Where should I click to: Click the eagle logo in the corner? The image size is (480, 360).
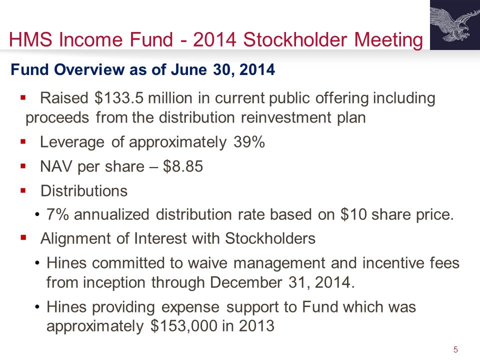(x=455, y=25)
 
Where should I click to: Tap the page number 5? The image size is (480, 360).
(x=455, y=349)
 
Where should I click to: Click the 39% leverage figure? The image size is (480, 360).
(x=249, y=142)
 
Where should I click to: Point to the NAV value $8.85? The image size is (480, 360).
(x=183, y=166)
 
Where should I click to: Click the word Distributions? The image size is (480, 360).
(x=84, y=191)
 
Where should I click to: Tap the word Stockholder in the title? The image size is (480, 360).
(x=295, y=39)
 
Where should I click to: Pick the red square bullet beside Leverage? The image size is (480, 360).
(x=23, y=141)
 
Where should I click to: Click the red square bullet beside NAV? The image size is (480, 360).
(x=23, y=166)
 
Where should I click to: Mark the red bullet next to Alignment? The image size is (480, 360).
(x=23, y=237)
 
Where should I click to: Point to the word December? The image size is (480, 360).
(x=246, y=282)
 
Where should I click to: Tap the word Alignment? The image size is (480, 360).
(x=75, y=239)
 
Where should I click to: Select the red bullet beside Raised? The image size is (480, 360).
(x=23, y=97)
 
